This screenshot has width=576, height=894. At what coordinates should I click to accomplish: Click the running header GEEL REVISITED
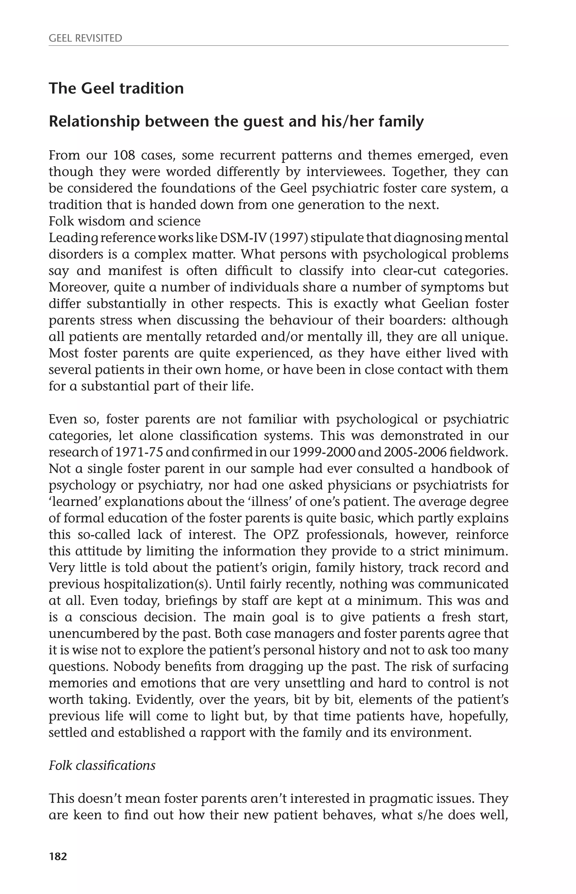[x=85, y=38]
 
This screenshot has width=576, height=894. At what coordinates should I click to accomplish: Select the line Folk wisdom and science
[x=125, y=221]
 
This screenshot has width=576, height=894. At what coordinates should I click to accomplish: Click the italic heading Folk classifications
[x=102, y=765]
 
